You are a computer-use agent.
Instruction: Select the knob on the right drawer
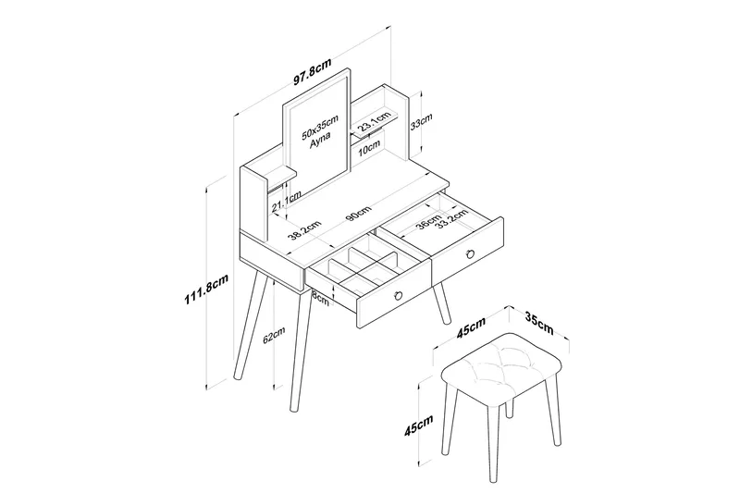pyautogui.click(x=471, y=253)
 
